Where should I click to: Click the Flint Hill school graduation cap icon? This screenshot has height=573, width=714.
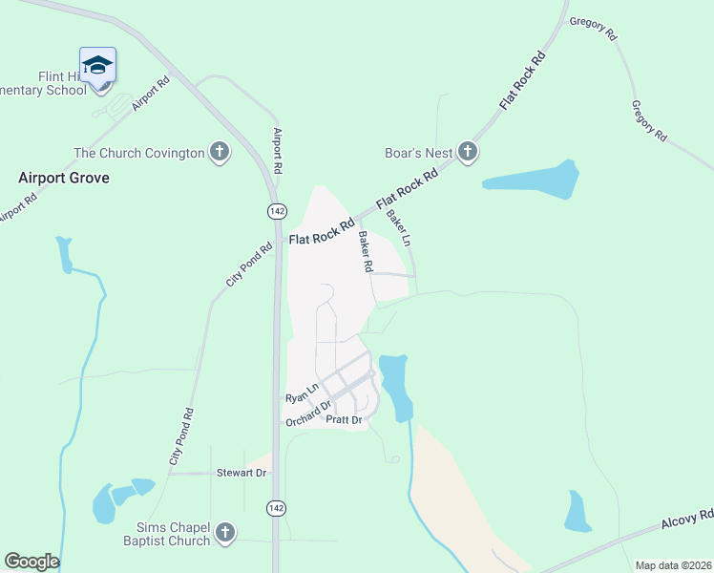click(x=97, y=66)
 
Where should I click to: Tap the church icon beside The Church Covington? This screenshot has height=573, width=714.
click(x=220, y=152)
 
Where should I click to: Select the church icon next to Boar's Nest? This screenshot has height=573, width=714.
click(x=467, y=151)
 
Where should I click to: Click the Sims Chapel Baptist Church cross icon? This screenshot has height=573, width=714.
click(x=225, y=533)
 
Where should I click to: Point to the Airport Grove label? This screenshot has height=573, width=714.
click(x=64, y=178)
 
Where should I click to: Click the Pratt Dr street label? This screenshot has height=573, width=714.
click(x=345, y=420)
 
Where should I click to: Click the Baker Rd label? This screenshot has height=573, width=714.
click(x=364, y=252)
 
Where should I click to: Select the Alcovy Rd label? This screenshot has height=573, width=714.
click(x=686, y=520)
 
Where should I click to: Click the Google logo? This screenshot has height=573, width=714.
click(x=31, y=562)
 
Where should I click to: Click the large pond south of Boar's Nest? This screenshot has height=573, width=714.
click(x=532, y=180)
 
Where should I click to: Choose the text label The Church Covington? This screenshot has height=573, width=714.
click(x=139, y=153)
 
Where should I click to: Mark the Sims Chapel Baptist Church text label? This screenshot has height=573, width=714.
click(x=159, y=534)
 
